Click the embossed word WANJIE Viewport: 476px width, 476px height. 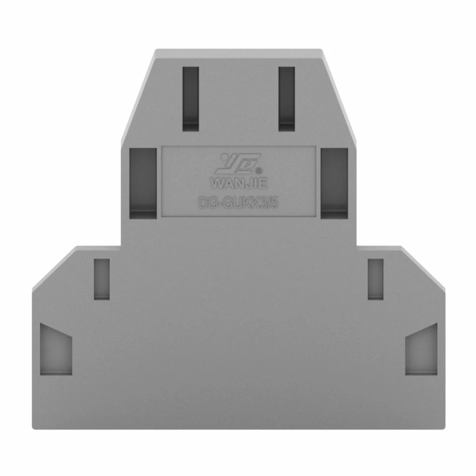pos(239,183)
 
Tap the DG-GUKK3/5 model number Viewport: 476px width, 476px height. pos(238,203)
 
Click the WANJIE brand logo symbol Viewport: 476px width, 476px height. pos(238,164)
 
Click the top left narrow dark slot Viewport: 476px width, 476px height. pos(190,99)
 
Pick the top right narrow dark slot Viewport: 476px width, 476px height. pos(287,99)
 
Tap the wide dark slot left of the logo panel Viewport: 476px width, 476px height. pos(143,183)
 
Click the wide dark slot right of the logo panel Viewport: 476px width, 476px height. pos(334,183)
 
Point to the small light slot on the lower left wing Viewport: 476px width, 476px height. pos(102,279)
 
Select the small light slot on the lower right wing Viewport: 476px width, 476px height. pos(376,279)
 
